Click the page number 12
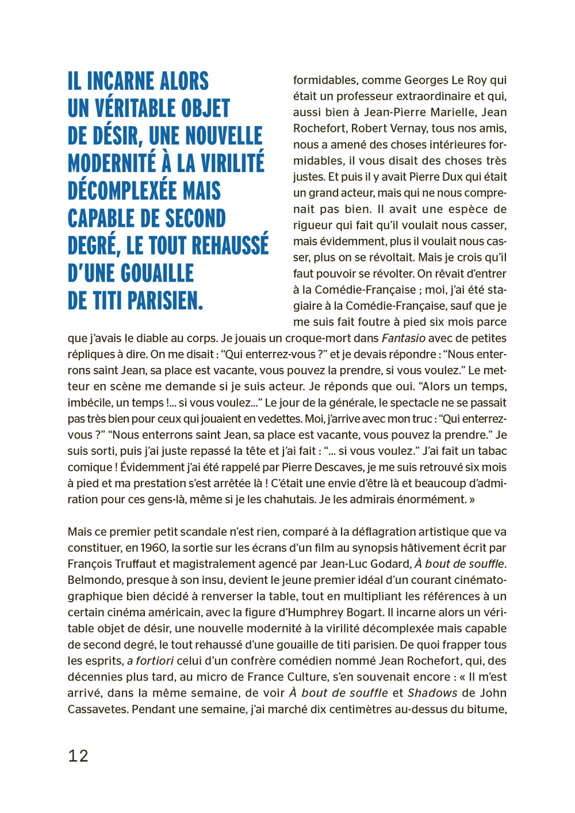[78, 755]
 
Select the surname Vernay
[408, 128]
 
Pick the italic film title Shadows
[432, 693]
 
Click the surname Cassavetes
[98, 709]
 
